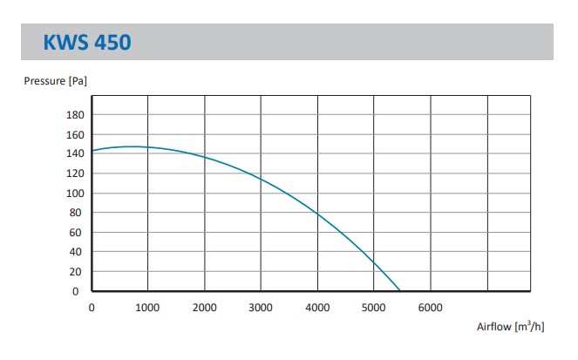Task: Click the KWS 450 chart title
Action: (87, 41)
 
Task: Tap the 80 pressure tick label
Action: (77, 213)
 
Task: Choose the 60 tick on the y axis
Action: (77, 233)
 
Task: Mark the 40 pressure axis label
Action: (77, 252)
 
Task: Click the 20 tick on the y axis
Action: (77, 272)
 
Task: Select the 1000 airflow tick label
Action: (148, 307)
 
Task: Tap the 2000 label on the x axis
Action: (205, 307)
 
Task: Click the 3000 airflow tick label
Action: (262, 307)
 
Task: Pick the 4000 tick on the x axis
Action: (317, 307)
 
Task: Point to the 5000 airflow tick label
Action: (374, 307)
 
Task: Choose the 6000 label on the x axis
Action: (431, 307)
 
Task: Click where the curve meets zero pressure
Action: (400, 291)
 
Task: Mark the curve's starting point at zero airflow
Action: (92, 151)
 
